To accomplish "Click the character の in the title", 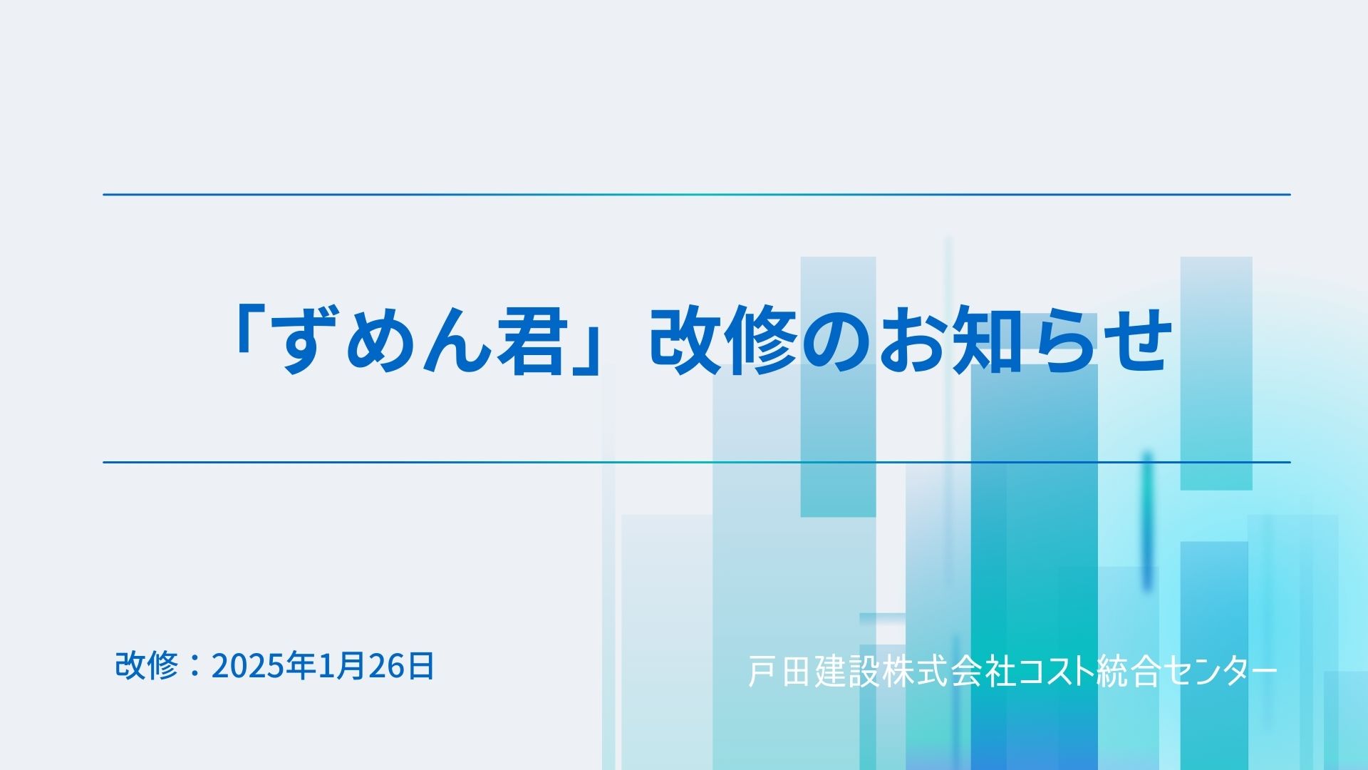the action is tap(837, 341).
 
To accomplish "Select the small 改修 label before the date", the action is tap(146, 666).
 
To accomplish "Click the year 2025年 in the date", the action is tap(263, 666).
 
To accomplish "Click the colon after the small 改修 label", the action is tap(194, 666).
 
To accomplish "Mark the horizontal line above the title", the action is tap(697, 194).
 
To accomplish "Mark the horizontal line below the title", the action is tap(697, 462).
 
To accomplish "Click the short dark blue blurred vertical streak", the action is tap(1147, 520).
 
